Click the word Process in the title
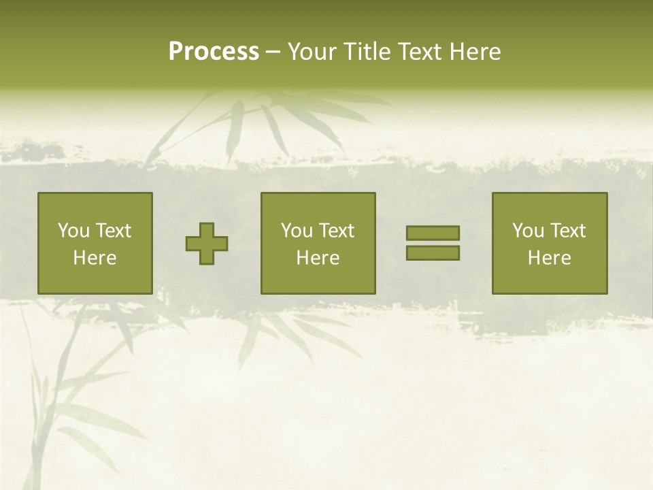[214, 52]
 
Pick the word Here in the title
[476, 52]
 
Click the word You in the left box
[73, 231]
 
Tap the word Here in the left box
[95, 258]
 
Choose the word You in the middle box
[296, 231]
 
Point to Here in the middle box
[318, 258]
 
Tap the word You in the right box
[527, 231]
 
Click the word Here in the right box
[549, 258]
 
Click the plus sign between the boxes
[207, 244]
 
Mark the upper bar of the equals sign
[433, 233]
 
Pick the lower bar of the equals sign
[433, 252]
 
